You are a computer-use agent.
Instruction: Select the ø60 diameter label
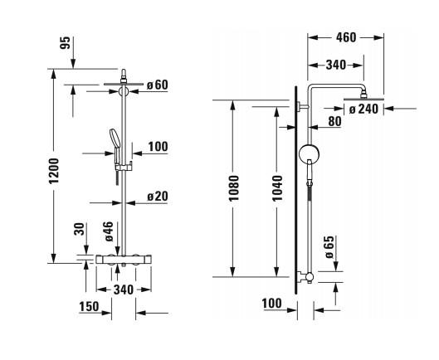coord(157,85)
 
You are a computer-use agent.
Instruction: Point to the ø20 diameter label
coord(158,197)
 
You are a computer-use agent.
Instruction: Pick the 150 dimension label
coord(88,306)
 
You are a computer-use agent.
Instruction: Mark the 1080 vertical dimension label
coord(234,187)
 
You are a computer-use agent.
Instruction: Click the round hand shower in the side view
coord(308,154)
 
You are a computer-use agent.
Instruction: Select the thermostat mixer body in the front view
coord(123,260)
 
